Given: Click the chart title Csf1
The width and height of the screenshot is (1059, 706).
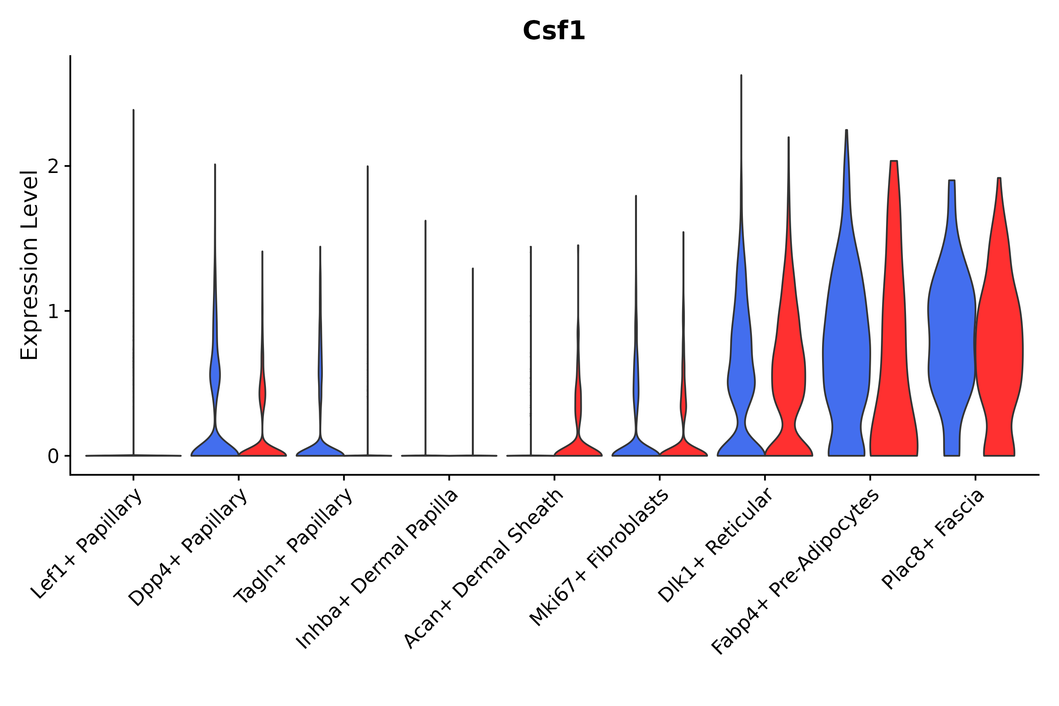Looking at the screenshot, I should (553, 31).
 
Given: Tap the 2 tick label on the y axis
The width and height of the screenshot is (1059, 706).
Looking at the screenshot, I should (53, 167).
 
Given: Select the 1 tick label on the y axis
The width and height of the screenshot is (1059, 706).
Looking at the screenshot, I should (53, 311).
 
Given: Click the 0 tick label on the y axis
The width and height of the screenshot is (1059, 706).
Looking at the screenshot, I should (53, 457).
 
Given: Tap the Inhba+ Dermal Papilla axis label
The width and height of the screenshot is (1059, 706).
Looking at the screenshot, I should (377, 569).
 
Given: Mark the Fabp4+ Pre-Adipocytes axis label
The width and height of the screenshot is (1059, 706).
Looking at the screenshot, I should (795, 572).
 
